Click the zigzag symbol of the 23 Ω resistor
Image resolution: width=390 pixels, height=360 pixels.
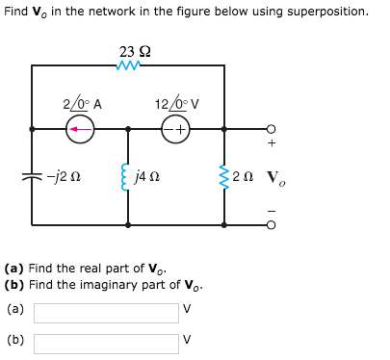tap(128, 65)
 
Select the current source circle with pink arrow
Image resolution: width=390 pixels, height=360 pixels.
tap(80, 128)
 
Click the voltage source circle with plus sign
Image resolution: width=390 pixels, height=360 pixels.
tap(176, 128)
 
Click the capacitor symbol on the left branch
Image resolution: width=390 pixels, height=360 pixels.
tap(32, 176)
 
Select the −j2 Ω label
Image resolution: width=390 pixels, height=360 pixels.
tap(61, 176)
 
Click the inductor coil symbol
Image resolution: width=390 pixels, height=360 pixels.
tap(128, 176)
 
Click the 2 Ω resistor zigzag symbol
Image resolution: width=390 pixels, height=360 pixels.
tap(224, 176)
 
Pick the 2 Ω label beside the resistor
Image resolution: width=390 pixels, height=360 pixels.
tap(247, 176)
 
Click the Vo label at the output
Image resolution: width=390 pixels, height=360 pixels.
tap(274, 178)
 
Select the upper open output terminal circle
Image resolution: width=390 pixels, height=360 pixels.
tap(272, 128)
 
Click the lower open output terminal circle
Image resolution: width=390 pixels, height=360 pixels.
tap(272, 225)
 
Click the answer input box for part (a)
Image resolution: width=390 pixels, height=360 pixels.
tap(106, 313)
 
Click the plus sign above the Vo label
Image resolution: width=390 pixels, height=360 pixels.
tap(273, 145)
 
